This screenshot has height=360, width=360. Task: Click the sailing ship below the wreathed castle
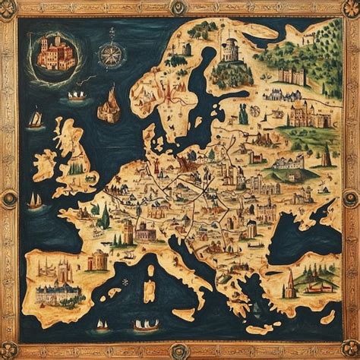click(77, 96)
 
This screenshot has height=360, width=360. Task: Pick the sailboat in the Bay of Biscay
click(35, 201)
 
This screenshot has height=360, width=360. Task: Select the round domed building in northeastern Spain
click(98, 261)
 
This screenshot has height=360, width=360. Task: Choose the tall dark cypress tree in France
click(105, 216)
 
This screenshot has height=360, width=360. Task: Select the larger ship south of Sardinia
click(145, 325)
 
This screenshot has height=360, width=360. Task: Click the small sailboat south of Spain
click(102, 325)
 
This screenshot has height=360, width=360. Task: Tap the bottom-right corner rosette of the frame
click(350, 350)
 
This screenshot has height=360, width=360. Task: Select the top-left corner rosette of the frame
click(9, 9)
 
